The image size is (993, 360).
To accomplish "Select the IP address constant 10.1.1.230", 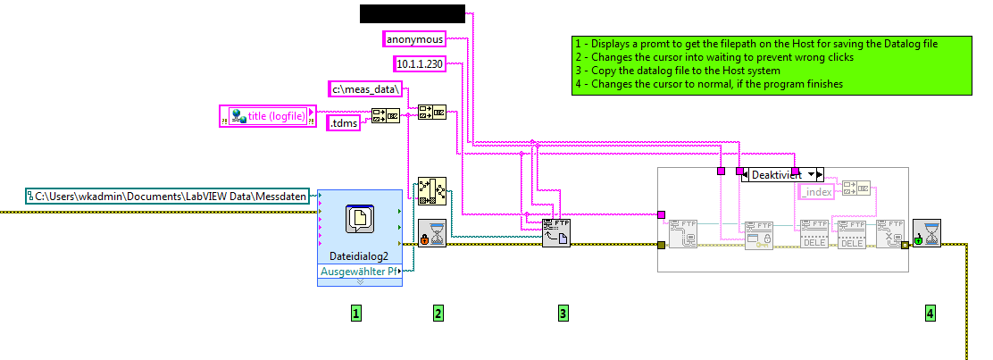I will [420, 63].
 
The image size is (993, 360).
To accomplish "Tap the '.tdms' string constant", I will [342, 124].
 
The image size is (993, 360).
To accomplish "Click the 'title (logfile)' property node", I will [268, 115].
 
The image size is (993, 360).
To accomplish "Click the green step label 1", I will [355, 313].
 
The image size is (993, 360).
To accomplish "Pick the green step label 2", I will [438, 313].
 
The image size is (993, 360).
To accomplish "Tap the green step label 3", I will [563, 313].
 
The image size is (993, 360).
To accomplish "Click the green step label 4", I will [930, 313].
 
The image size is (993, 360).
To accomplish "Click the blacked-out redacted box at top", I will [412, 13].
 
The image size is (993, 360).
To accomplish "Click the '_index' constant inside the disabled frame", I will [816, 192].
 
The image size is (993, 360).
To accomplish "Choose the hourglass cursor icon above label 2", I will [432, 233].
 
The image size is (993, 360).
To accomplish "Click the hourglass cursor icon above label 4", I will [926, 233].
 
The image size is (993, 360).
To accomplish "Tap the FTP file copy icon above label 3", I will [555, 232].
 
